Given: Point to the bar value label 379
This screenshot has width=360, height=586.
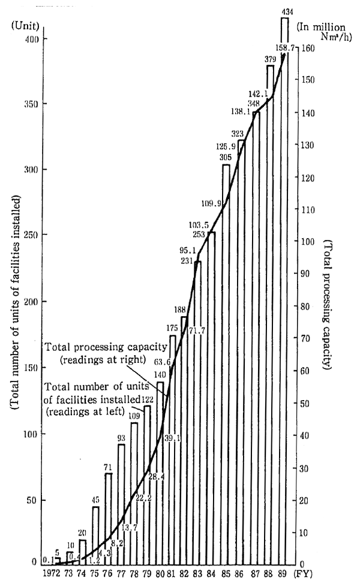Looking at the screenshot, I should (x=269, y=59).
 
